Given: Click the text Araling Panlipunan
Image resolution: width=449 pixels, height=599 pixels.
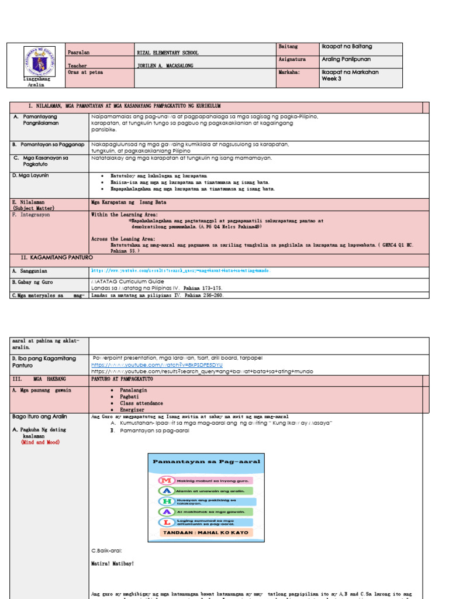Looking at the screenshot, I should pos(346,60).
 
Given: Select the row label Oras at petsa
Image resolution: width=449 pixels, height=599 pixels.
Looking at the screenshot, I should pos(84,73).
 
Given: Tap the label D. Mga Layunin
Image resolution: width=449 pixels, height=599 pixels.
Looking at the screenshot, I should pos(31,175).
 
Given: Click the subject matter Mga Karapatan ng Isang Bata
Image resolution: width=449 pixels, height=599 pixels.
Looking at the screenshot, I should pos(129,202).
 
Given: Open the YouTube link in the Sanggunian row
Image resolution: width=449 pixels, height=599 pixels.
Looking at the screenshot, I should pos(181,271).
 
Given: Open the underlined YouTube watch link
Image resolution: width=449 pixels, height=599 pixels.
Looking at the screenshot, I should pos(157,364).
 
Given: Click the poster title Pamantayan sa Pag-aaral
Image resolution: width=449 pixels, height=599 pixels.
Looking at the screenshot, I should pos(194,462).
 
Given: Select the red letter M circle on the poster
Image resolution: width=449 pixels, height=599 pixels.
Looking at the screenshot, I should pos(167,480).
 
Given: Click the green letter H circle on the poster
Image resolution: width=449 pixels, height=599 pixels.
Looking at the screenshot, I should pos(167,501).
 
